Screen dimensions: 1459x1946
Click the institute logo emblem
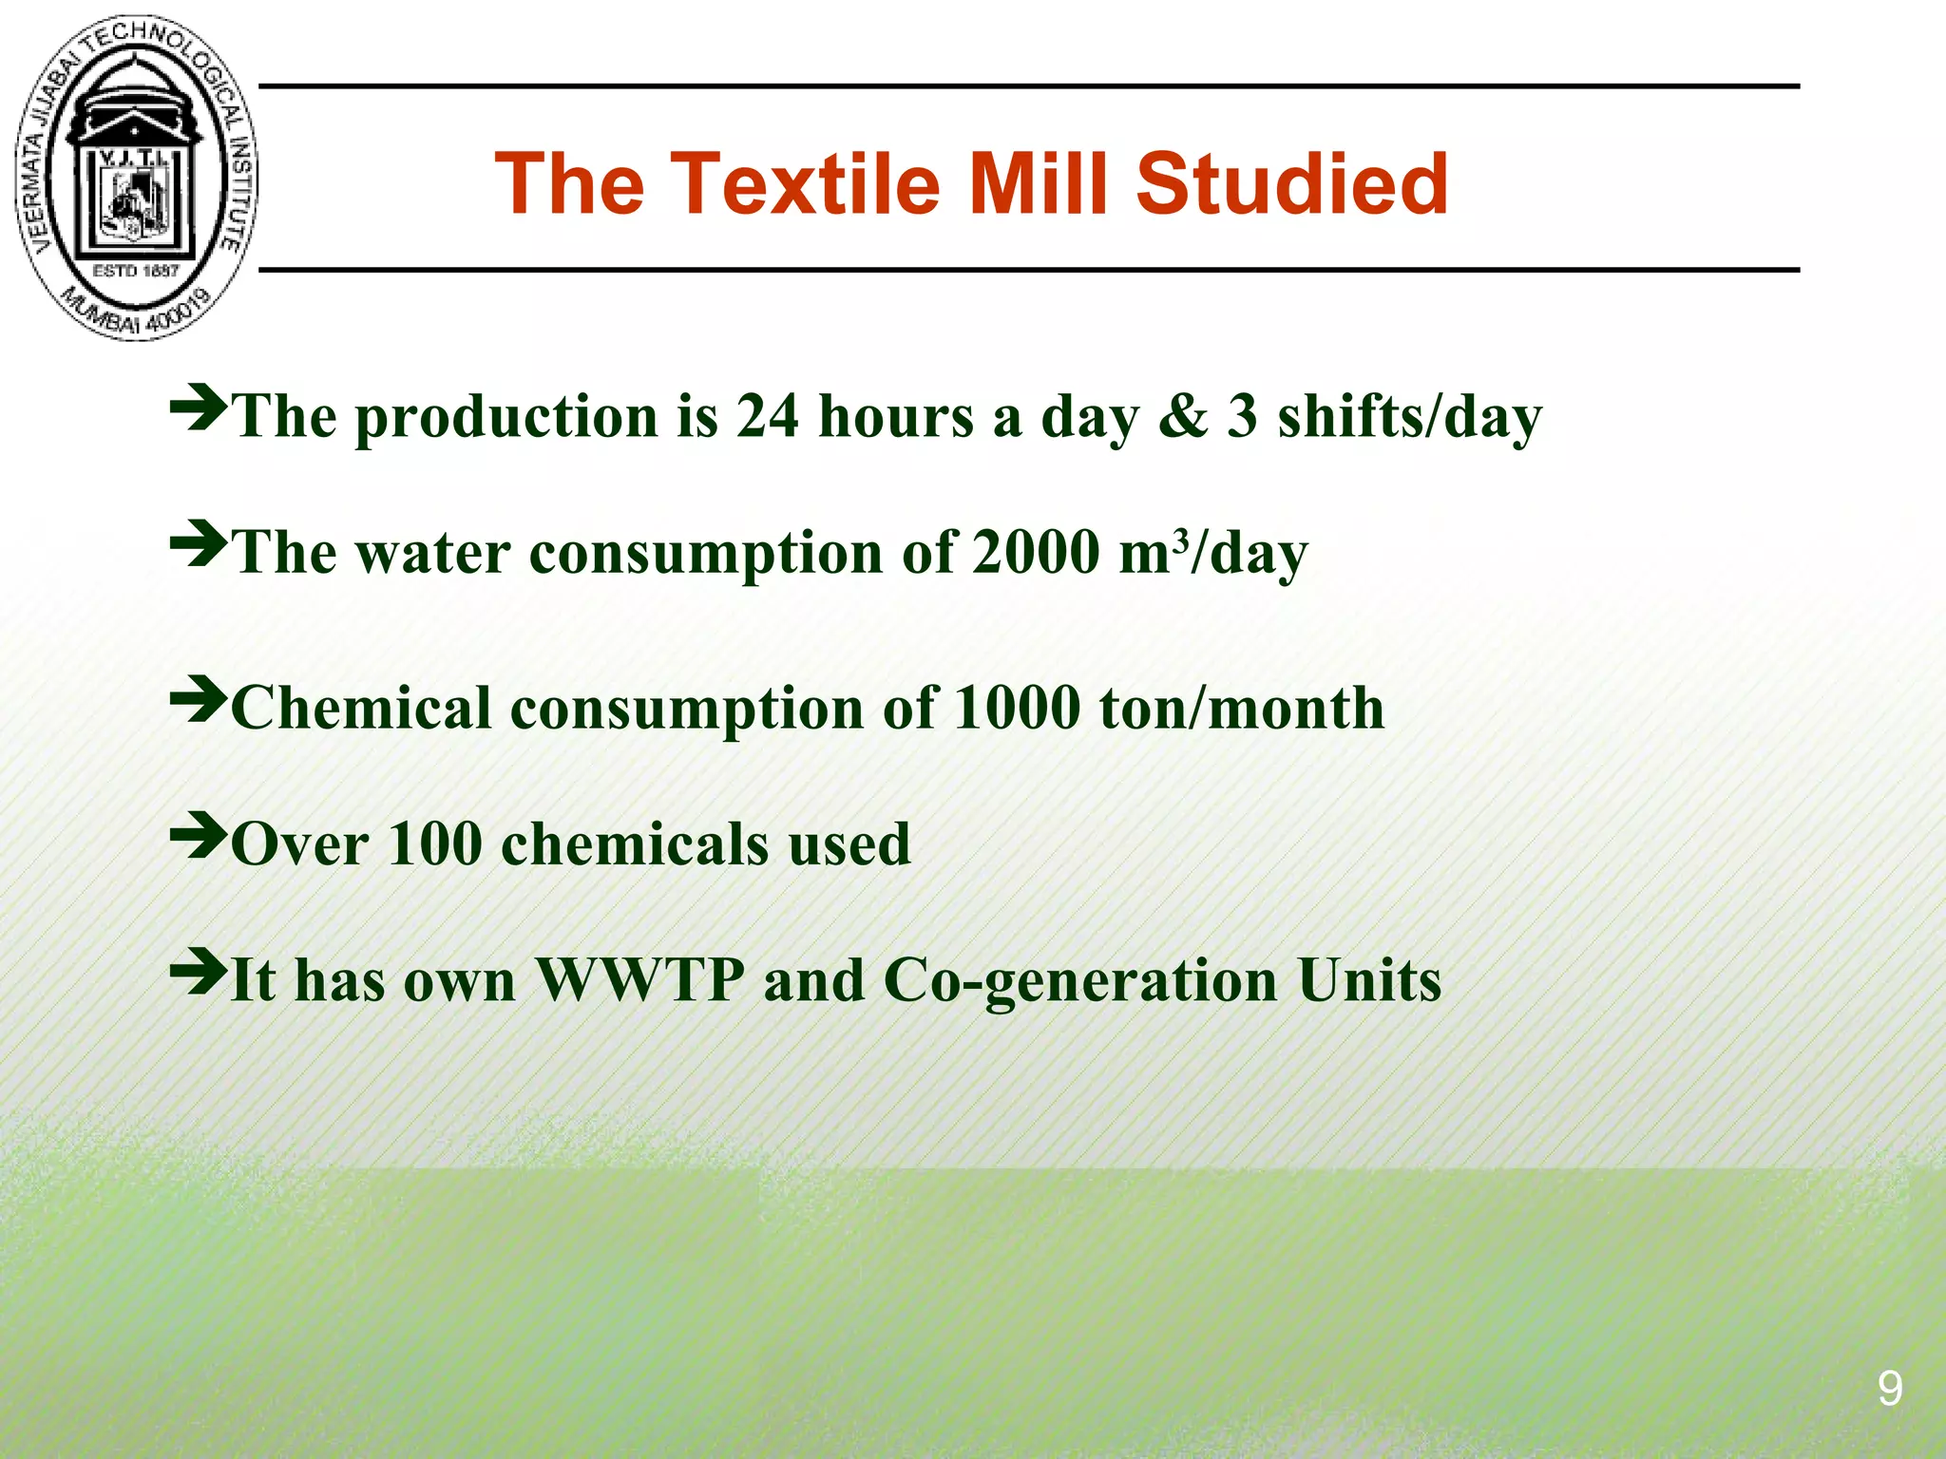tap(136, 179)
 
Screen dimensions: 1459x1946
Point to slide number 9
tap(1889, 1390)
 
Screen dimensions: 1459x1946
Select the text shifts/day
tap(1409, 418)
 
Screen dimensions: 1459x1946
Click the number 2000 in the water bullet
tap(1036, 553)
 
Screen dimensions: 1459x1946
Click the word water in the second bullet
tap(432, 553)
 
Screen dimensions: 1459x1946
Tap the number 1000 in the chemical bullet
tap(1017, 709)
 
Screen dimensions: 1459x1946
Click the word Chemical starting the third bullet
tap(361, 709)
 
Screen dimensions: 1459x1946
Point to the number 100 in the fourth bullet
tap(435, 844)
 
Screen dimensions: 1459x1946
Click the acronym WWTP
tap(639, 980)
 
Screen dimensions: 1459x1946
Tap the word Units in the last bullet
tap(1369, 980)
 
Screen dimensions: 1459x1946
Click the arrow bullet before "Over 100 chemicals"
tap(198, 835)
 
